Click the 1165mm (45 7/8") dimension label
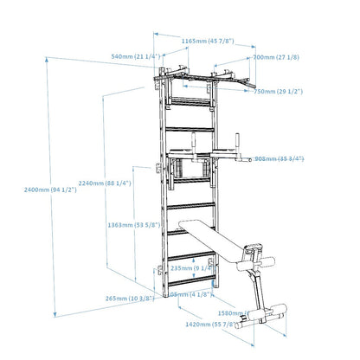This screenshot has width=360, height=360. point(205,40)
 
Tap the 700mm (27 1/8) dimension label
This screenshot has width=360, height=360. point(275,57)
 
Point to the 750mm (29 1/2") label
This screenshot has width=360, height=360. point(276,90)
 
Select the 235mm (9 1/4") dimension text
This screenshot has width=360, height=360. point(195,268)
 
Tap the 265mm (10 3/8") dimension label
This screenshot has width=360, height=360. point(129,299)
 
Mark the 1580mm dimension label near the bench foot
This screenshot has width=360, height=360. point(259,312)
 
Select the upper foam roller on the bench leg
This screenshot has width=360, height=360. point(255,253)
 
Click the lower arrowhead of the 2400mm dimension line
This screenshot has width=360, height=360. point(56,317)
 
